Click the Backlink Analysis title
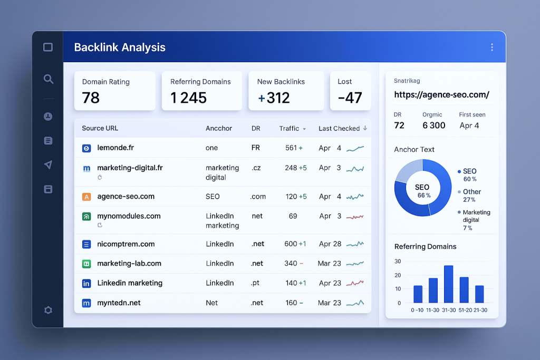pos(120,47)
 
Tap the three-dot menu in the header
pos(491,47)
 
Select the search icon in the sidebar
pos(48,79)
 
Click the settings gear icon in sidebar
pos(48,310)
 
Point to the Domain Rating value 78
pos(91,98)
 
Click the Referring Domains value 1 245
pos(188,98)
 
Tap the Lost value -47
pos(350,98)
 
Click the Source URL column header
pos(100,128)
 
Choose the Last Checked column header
pos(339,128)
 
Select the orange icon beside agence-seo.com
pos(87,197)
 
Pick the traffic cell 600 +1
pos(295,244)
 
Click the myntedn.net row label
pos(119,303)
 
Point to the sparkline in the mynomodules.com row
pos(355,216)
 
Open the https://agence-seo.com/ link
pos(441,95)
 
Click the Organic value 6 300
pos(433,125)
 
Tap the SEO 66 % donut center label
pos(422,191)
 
